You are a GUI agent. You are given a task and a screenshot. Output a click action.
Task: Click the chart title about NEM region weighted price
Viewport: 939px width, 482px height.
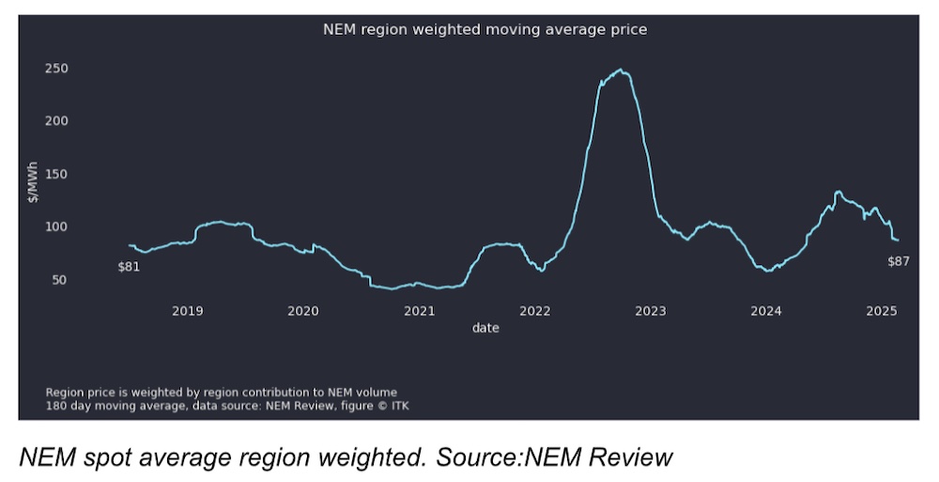click(x=485, y=29)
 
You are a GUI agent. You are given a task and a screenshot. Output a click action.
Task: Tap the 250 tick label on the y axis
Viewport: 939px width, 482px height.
click(x=56, y=69)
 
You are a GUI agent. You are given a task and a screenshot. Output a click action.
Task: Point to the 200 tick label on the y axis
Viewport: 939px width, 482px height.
click(x=56, y=121)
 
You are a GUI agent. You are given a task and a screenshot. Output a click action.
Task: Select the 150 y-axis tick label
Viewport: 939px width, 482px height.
click(x=56, y=174)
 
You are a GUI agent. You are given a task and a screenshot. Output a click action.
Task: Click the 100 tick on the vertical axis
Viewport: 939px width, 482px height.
click(x=56, y=226)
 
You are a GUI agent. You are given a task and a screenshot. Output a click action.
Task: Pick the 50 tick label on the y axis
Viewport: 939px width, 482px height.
click(x=60, y=280)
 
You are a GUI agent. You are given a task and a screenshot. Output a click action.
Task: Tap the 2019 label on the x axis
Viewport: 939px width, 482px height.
click(x=187, y=310)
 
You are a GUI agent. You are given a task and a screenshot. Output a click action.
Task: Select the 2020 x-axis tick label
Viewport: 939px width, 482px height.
click(x=302, y=310)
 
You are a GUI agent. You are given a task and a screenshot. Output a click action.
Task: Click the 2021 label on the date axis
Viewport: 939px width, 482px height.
click(x=419, y=310)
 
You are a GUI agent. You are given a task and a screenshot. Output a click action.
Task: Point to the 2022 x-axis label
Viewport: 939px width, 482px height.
click(x=534, y=310)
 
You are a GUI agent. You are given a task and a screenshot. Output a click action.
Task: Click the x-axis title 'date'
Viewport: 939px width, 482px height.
click(x=485, y=328)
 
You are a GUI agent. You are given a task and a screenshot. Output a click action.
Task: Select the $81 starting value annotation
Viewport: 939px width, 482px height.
click(x=129, y=267)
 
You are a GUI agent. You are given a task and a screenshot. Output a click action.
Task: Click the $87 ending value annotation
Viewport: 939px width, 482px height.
click(x=898, y=261)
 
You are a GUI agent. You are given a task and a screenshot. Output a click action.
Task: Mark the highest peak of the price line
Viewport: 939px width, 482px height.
click(x=620, y=70)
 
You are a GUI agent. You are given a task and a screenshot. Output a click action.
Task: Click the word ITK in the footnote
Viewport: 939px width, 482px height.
click(x=399, y=406)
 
